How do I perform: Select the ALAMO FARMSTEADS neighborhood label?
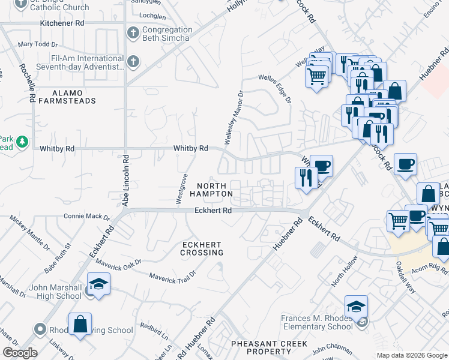pos(74,97)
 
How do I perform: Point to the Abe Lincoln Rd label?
pos(126,181)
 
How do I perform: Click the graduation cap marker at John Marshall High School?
pos(99,283)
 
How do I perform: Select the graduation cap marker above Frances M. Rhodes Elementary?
pos(356,306)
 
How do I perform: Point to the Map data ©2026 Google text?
pos(411,355)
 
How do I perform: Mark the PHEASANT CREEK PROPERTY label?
pos(270,347)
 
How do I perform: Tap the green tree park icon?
pos(22,142)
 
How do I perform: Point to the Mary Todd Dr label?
pos(37,44)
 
